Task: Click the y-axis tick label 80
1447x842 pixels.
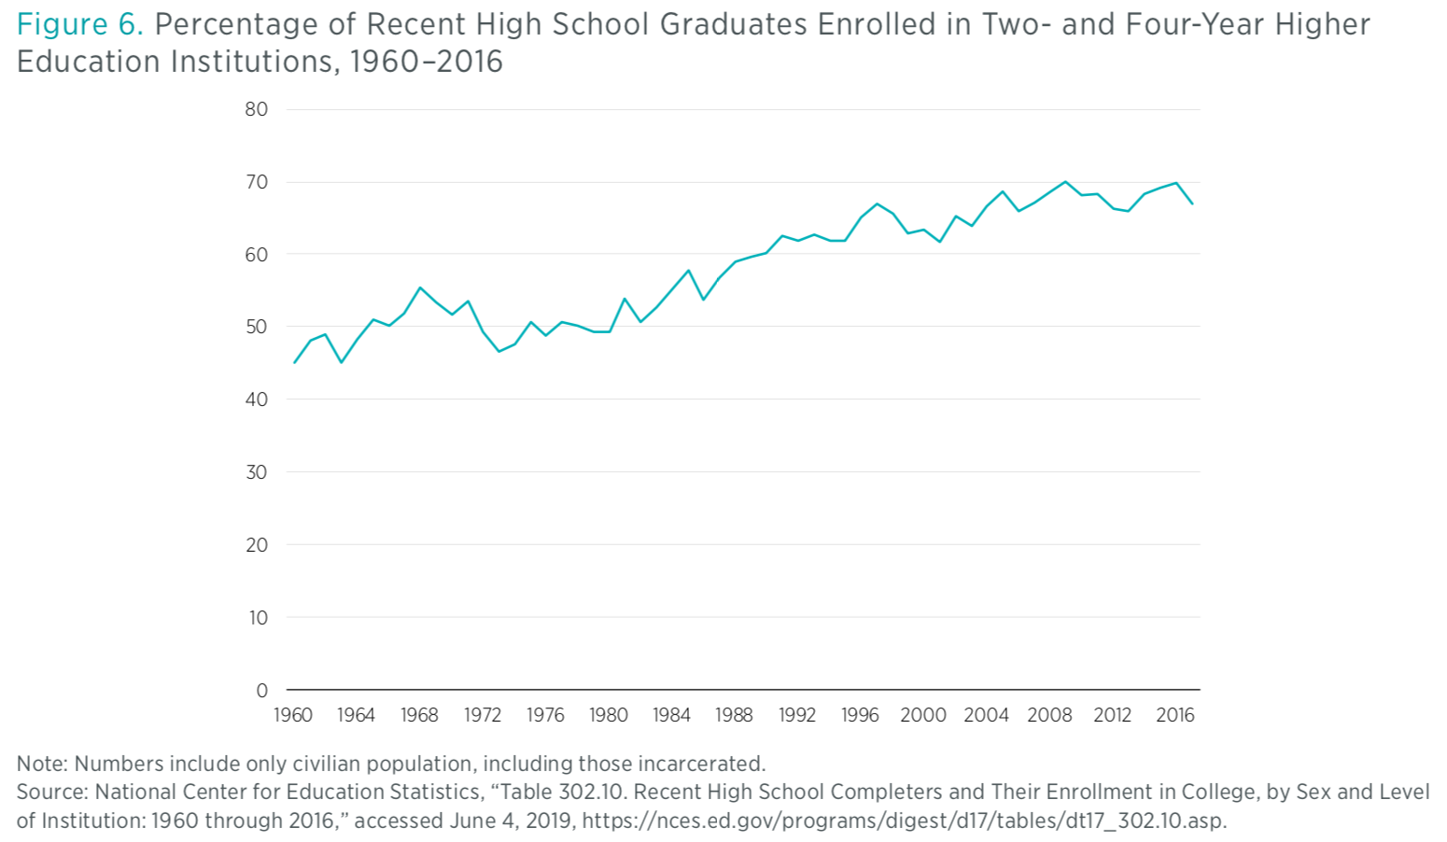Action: (x=256, y=109)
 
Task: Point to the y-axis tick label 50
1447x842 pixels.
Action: (x=256, y=327)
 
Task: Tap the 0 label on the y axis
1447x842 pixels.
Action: (x=261, y=691)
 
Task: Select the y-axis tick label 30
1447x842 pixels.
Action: (x=256, y=472)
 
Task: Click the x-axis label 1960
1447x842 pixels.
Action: (x=293, y=715)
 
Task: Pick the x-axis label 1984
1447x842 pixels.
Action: (x=671, y=715)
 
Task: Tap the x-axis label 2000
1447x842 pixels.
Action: (x=922, y=715)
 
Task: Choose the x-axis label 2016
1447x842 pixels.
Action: (x=1174, y=715)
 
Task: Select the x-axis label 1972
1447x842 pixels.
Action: (x=482, y=715)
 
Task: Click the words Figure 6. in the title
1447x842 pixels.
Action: (x=80, y=24)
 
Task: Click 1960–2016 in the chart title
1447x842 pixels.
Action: (x=426, y=62)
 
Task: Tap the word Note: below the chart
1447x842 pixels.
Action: (x=42, y=764)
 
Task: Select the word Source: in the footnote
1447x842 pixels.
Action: (x=52, y=792)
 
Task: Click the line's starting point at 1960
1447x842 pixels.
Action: (x=294, y=362)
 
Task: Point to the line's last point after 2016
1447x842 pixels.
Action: (x=1192, y=203)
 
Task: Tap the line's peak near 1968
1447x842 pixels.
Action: (x=420, y=288)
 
